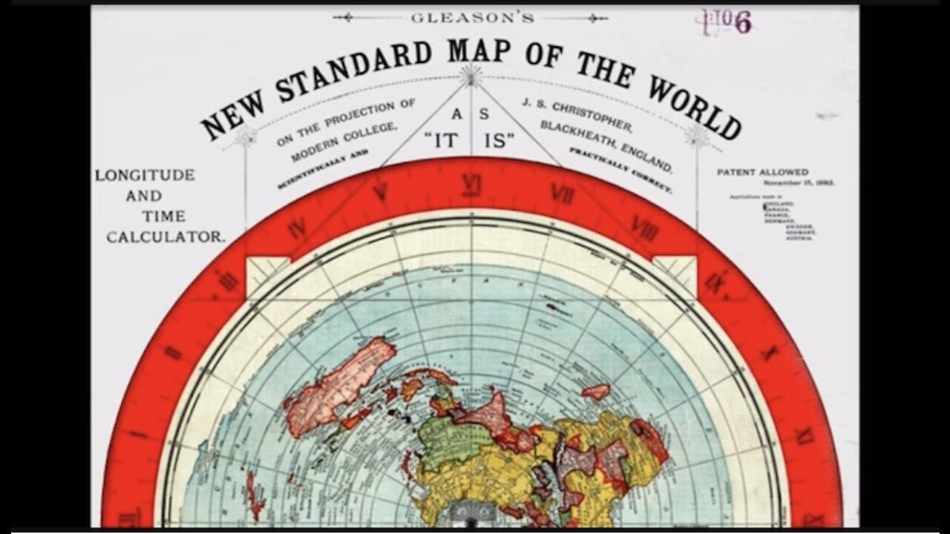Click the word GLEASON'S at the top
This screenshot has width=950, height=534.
pos(472,17)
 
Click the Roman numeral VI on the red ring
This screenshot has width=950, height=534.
pos(472,184)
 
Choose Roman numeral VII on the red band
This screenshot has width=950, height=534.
pos(562,194)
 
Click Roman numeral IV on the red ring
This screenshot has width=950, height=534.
pos(298,228)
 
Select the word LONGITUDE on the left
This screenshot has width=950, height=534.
pos(145,176)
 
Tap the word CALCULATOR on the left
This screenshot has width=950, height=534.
pos(166,237)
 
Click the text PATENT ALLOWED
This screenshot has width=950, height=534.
pos(762,172)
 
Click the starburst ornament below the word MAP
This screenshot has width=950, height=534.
pos(471,74)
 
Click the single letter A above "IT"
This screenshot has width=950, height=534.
pos(456,113)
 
